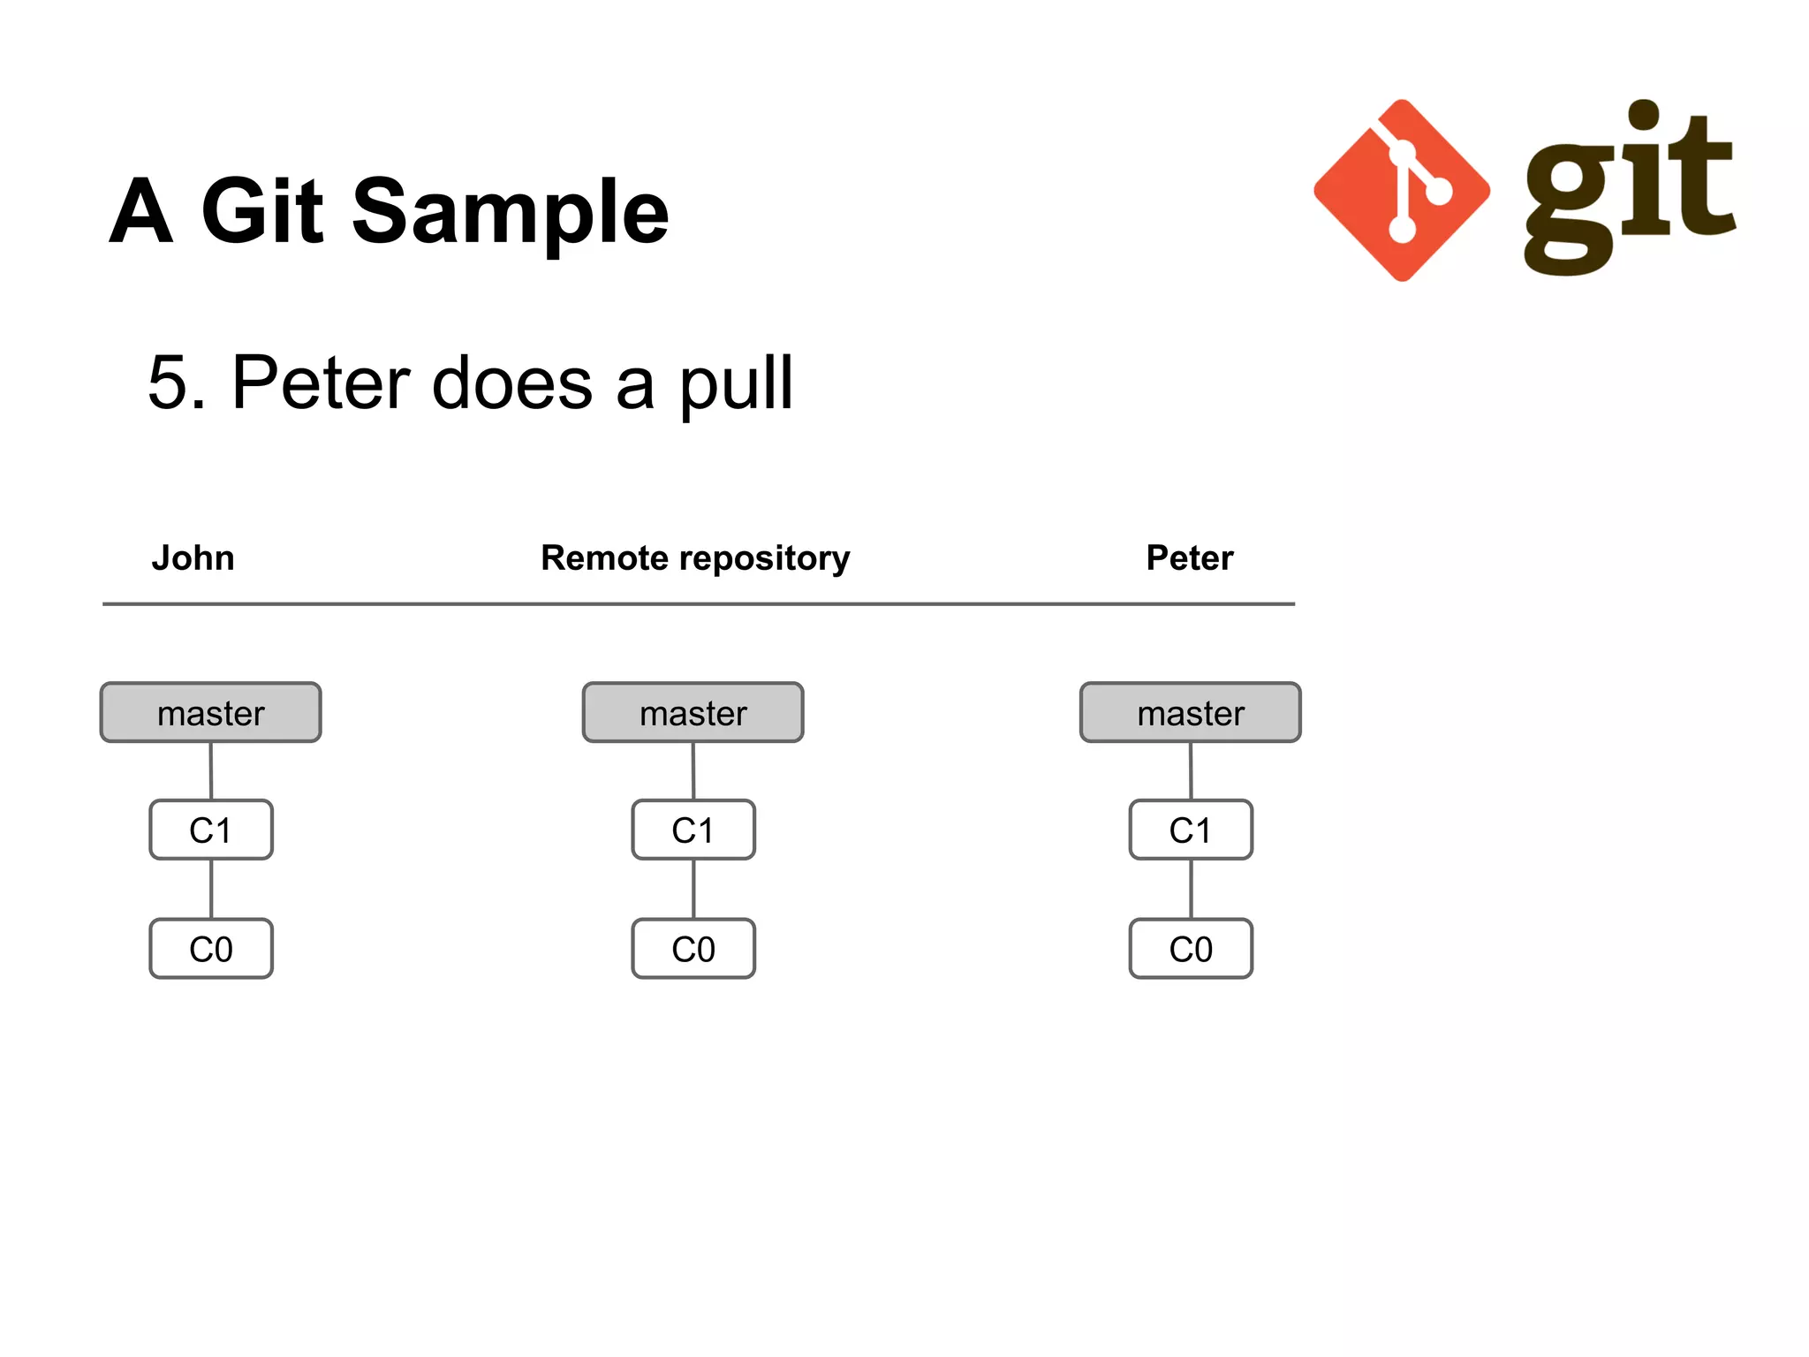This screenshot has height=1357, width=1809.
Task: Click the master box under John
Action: click(x=210, y=712)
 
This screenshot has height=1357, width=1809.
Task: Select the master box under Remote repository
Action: click(x=693, y=712)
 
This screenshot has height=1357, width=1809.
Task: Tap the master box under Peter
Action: click(x=1190, y=712)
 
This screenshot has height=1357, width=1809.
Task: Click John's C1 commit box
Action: click(x=211, y=830)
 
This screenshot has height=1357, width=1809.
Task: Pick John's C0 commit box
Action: click(x=211, y=949)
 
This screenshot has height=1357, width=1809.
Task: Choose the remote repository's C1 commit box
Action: click(x=693, y=830)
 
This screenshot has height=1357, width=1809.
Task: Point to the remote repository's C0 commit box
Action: click(x=693, y=949)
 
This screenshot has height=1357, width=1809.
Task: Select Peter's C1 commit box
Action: click(x=1191, y=830)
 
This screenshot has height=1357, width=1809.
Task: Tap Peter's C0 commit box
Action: click(x=1191, y=949)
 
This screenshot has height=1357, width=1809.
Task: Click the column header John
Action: click(x=193, y=558)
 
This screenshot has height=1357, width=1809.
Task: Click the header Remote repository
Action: click(x=695, y=558)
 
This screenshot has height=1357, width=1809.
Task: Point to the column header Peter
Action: click(x=1189, y=558)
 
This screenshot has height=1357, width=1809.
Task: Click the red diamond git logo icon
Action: click(x=1402, y=191)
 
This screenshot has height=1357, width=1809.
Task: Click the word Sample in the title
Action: click(x=511, y=212)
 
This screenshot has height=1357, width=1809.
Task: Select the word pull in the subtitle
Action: click(x=736, y=384)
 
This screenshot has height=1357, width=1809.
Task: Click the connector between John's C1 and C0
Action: click(x=211, y=889)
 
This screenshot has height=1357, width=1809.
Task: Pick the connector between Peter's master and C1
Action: click(x=1191, y=770)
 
